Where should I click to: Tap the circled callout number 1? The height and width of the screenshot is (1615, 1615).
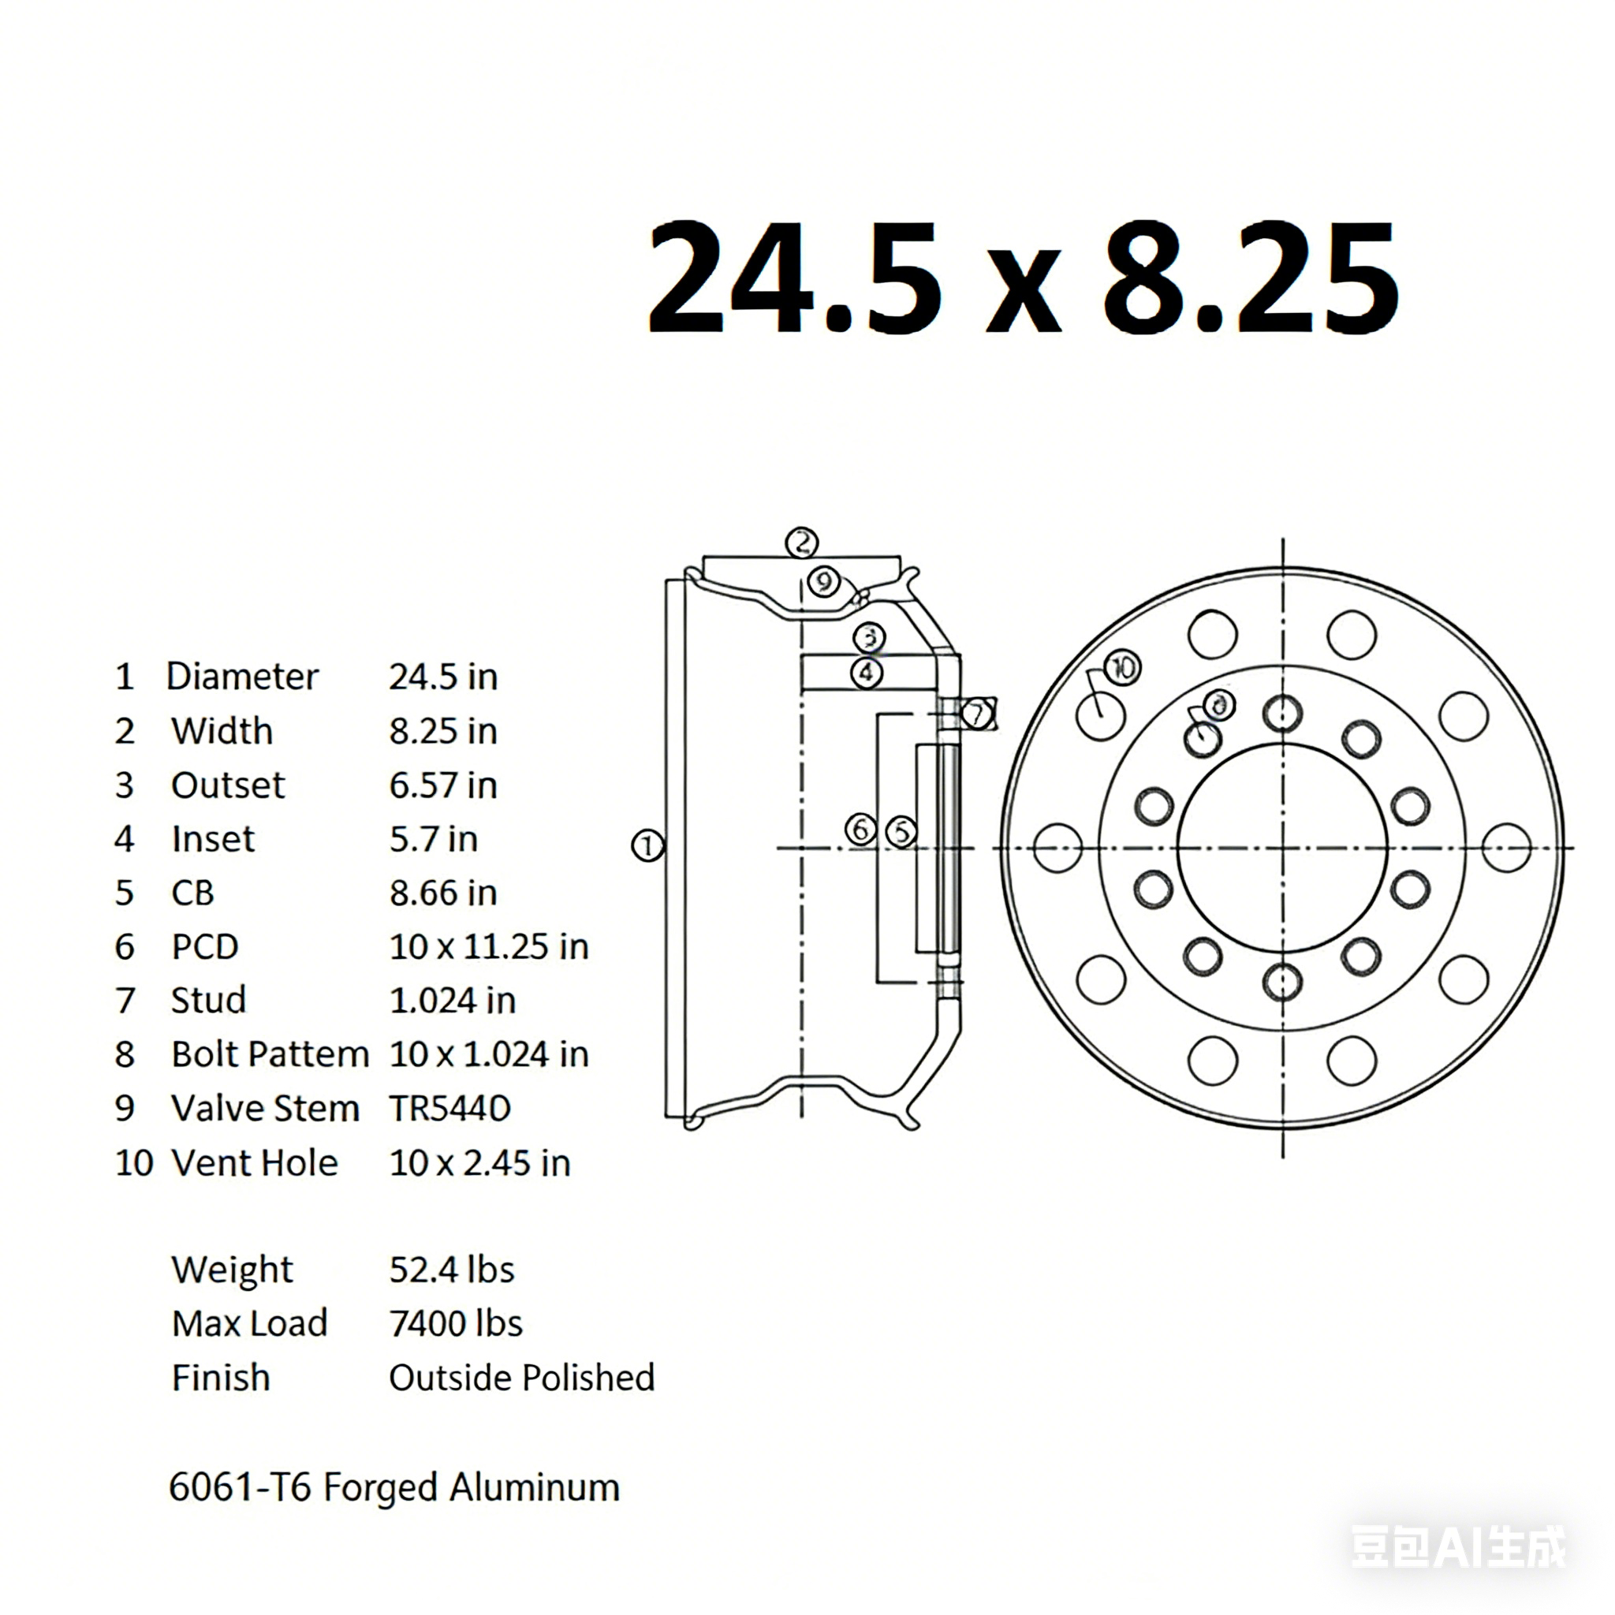coord(647,846)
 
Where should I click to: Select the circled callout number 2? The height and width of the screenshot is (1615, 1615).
coord(802,543)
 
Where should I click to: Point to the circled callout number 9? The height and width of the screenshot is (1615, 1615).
coord(824,581)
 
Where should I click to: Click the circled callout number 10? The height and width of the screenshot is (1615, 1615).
coord(1123,668)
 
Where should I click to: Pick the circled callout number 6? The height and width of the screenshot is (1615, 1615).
coord(861,830)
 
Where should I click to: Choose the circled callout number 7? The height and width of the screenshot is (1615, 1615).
coord(976,714)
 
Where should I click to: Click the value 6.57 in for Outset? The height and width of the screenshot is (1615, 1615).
coord(443,785)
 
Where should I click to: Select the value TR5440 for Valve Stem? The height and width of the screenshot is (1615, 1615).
coord(449,1110)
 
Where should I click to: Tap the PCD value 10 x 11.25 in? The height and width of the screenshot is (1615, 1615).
coord(489,947)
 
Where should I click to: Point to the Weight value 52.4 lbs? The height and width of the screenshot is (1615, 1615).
coord(451,1270)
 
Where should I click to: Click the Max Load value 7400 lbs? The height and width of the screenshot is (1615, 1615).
coord(456,1324)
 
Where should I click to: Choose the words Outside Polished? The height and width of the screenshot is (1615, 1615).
coord(521,1378)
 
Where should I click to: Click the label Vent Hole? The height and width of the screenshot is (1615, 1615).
coord(254,1164)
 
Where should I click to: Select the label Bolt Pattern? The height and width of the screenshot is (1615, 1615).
coord(270,1055)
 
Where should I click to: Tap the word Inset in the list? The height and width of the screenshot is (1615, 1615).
coord(212,839)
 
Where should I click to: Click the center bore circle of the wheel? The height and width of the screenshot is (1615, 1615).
coord(1282,848)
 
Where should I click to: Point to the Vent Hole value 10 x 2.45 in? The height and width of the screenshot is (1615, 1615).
coord(479,1164)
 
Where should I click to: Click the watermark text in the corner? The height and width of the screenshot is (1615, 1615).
coord(1458,1546)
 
